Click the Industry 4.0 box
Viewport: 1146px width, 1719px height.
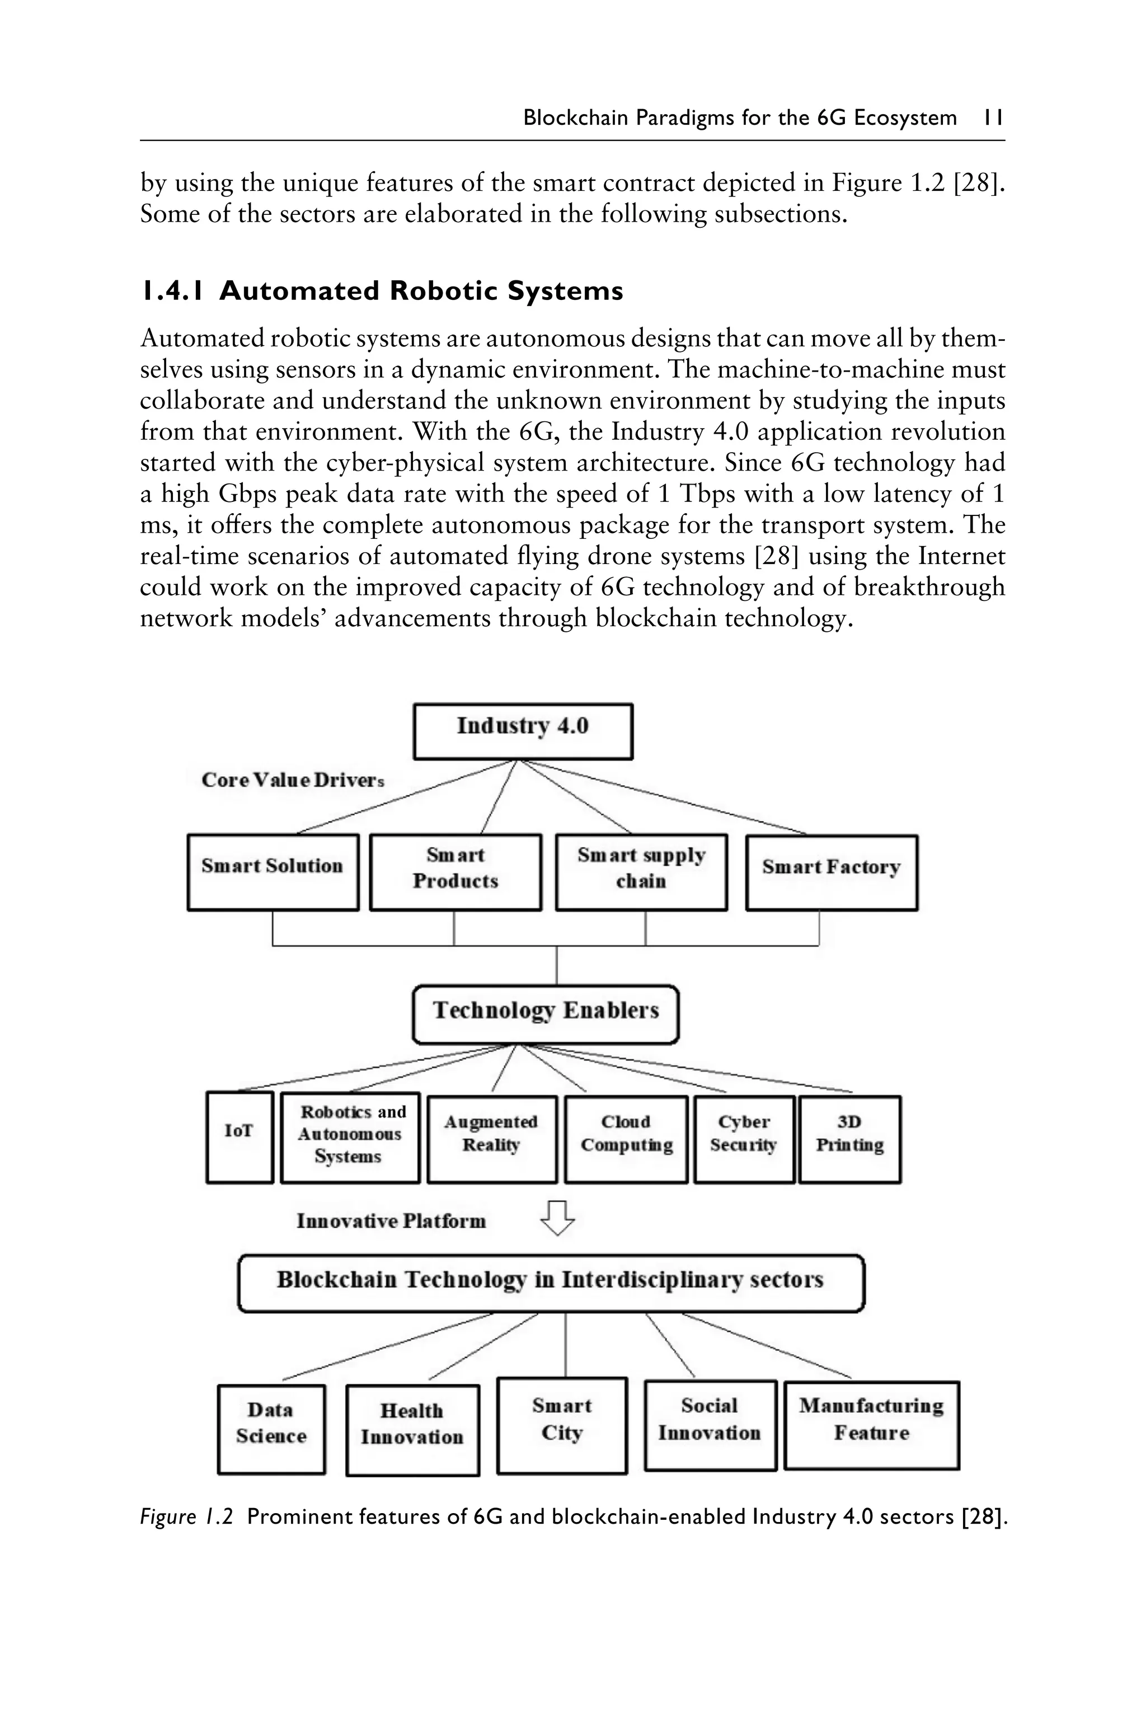[523, 731]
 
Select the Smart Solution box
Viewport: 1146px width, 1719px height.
[273, 872]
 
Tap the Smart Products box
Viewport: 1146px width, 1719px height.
[455, 872]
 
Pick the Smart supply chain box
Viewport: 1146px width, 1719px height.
[641, 872]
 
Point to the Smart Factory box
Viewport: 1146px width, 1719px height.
[831, 872]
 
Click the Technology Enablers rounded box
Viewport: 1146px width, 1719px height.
[545, 1015]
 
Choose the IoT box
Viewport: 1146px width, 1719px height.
[239, 1137]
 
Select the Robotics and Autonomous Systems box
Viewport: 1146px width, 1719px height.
[350, 1137]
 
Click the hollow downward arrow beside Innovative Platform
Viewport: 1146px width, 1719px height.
[557, 1218]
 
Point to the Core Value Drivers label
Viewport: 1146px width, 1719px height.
[292, 780]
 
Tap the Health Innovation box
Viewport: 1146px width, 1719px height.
[412, 1430]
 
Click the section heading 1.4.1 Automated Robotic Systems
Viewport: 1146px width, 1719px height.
[382, 291]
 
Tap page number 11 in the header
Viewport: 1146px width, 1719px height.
[993, 118]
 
